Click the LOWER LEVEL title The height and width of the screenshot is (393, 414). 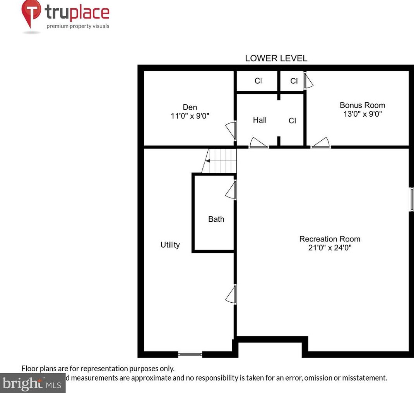point(276,59)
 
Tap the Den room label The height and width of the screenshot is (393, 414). point(190,107)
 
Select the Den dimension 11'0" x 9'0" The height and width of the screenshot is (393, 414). point(190,115)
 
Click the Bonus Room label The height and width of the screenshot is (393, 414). point(362,105)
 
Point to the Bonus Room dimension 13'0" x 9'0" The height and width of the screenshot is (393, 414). point(362,114)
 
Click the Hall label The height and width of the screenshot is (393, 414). point(260,120)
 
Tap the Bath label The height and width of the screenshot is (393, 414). point(216,219)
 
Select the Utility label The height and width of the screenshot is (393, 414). point(170,245)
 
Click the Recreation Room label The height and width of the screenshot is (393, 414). point(330,239)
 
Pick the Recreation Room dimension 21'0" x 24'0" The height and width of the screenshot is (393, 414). point(330,248)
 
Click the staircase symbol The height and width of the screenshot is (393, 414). point(220,160)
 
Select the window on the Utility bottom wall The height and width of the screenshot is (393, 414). point(190,354)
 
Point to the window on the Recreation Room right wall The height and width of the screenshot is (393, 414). point(412,199)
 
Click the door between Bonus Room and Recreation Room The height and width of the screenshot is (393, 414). point(320,144)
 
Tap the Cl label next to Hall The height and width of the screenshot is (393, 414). point(292,121)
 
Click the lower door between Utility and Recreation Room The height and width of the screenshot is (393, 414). point(231,294)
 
